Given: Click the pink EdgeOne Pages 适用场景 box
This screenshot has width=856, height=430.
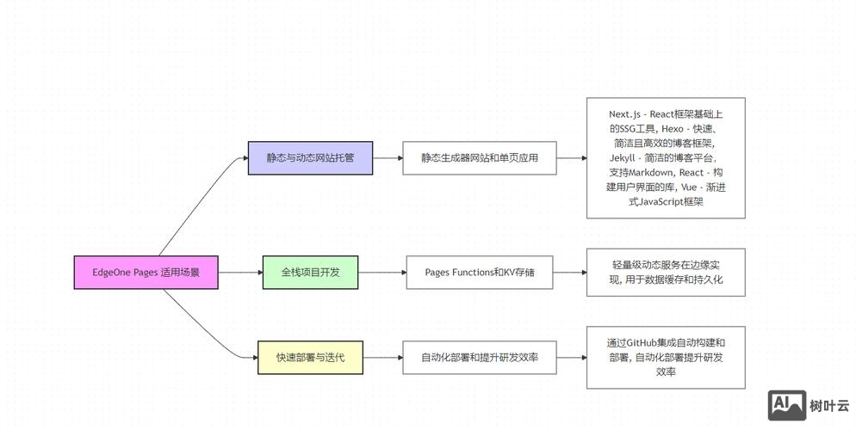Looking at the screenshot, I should coord(145,273).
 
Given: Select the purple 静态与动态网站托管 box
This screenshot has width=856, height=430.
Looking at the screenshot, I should coord(310,158).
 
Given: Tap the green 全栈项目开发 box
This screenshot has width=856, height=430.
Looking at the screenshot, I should coord(310,273).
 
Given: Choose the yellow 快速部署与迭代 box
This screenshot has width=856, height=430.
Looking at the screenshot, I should coord(310,357).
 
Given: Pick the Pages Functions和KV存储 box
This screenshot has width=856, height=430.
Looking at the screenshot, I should coord(480,273).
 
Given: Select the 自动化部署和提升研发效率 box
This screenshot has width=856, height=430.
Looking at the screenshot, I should coord(480,357).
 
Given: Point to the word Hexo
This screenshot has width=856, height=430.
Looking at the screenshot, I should coord(674,128).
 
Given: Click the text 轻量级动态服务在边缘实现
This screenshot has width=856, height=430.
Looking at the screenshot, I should coord(666,265).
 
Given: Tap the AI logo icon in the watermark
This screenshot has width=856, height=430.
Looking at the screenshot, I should coord(786,404).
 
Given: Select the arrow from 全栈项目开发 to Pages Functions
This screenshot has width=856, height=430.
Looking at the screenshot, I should coord(381,273).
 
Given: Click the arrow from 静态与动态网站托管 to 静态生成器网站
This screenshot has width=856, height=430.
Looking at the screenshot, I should coord(388,158).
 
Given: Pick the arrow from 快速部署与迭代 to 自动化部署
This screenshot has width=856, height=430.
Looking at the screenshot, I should coord(382,357).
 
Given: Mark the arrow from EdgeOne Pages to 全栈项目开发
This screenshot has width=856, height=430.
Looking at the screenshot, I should coord(240,273).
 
